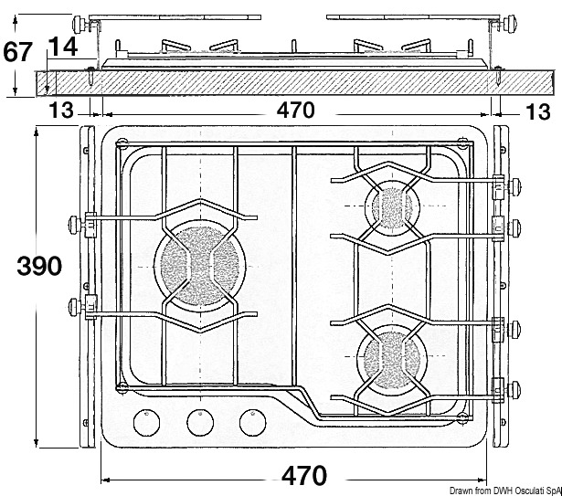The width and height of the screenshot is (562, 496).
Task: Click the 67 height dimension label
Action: coord(17,52)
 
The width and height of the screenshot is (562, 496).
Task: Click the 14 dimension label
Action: coord(62,47)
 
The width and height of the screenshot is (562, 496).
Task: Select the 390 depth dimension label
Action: coord(39,266)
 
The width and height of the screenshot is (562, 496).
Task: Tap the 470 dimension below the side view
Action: coord(296,110)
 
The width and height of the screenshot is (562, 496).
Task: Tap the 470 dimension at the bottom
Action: coord(304,476)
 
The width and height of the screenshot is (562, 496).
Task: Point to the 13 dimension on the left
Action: coord(61,111)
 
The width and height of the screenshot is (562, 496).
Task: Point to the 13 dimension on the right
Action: coord(537,111)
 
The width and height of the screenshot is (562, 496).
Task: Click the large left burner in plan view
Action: coord(200,266)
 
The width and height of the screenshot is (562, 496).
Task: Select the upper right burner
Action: coord(392,206)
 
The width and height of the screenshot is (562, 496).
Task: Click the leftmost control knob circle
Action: coord(146,423)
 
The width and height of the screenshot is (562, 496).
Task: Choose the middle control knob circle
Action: coord(200,423)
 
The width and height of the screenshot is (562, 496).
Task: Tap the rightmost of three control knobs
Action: coord(253,423)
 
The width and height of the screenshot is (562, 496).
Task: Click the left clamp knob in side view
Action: coord(80,25)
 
